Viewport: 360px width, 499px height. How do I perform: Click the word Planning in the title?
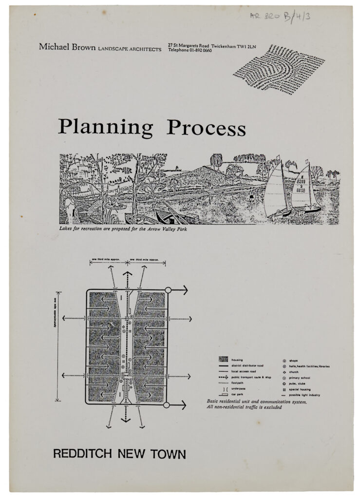click(105, 128)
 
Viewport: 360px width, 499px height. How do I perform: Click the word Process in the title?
click(206, 128)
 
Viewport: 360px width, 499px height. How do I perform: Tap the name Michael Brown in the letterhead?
click(67, 47)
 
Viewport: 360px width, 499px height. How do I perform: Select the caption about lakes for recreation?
click(122, 228)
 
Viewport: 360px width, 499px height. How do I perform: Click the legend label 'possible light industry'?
click(304, 395)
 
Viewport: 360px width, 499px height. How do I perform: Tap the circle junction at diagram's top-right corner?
click(168, 290)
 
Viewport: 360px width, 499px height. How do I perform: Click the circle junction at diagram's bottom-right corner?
click(167, 405)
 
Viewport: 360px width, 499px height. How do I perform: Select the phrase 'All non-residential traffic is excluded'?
click(244, 407)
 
